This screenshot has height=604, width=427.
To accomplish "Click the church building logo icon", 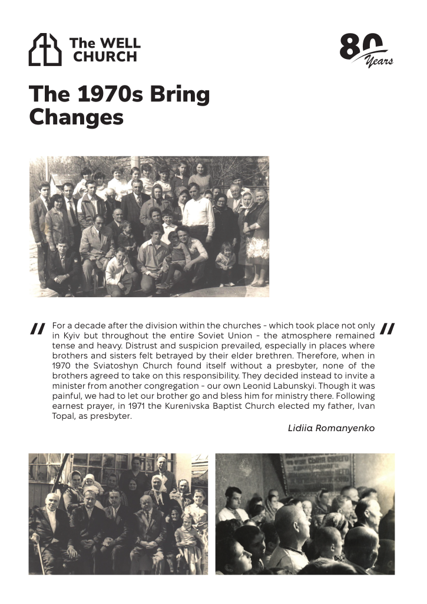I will pos(45,50).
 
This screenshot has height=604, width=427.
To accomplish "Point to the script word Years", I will pos(379,60).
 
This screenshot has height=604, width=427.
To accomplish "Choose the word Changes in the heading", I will pos(76,117).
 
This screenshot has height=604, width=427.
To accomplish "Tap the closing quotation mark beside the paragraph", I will pos(388,329).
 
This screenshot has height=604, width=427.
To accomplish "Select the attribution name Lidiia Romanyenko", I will pos(331,428).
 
